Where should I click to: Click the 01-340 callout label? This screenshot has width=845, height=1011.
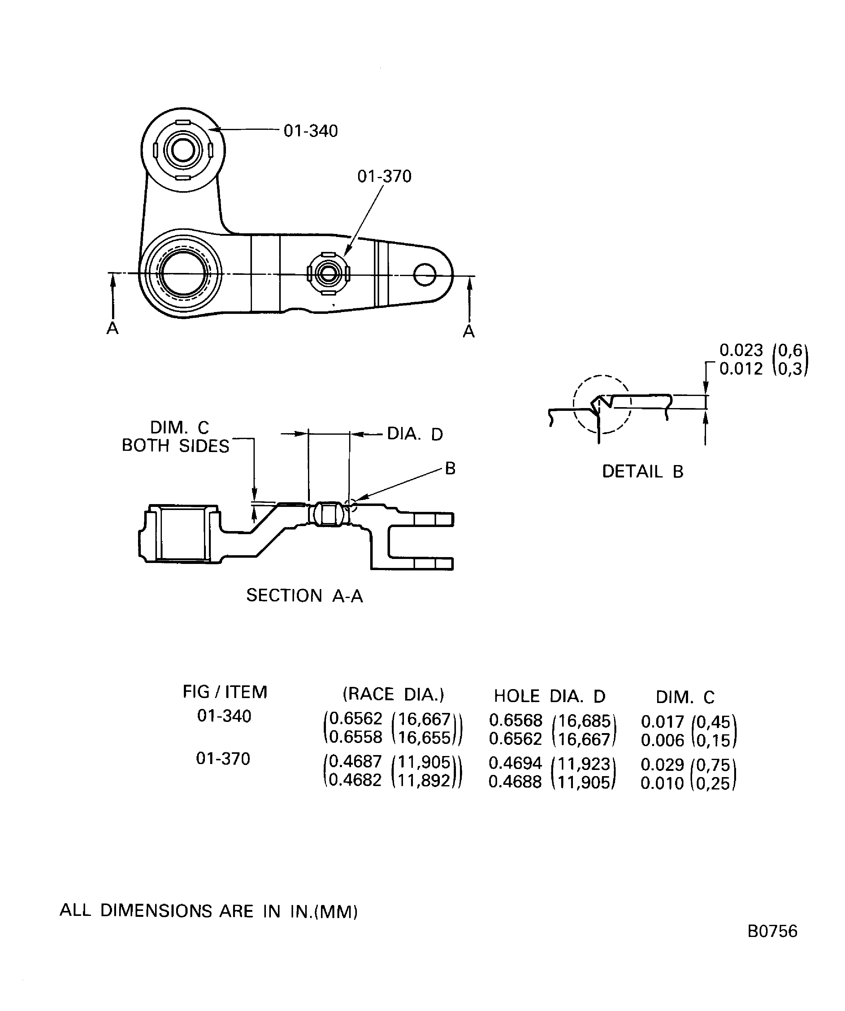click(311, 131)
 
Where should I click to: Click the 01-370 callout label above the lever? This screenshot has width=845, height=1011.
click(384, 176)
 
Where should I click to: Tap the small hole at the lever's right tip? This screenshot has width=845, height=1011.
click(424, 275)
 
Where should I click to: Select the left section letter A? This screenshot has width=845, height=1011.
click(113, 328)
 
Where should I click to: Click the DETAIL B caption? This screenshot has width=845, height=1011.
click(643, 471)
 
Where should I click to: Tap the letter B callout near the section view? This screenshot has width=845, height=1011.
click(450, 468)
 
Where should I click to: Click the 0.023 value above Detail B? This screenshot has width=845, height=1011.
click(741, 350)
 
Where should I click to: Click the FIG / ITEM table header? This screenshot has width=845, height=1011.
click(225, 692)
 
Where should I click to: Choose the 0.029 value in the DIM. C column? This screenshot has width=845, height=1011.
click(662, 764)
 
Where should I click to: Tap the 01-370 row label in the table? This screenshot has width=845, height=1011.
click(223, 759)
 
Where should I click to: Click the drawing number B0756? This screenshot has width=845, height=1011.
click(772, 945)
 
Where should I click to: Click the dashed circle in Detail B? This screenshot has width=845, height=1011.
click(601, 404)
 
